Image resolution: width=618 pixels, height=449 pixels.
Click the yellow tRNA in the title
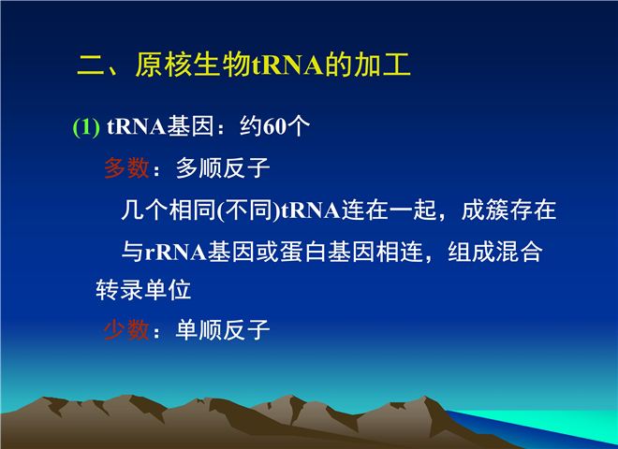coord(287,65)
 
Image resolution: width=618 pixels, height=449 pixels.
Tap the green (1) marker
coord(86,127)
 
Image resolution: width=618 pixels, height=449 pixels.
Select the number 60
coord(274,127)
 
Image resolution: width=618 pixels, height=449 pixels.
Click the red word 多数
coord(126,168)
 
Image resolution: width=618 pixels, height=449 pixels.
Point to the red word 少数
coord(126,329)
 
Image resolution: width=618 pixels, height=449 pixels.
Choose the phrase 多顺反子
coord(223,168)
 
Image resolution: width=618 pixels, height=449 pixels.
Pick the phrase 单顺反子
coord(223,329)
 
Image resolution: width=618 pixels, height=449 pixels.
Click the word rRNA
coord(176,252)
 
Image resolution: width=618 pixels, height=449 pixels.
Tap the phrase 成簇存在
coord(508,210)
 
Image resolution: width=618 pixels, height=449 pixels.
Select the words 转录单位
coord(143,290)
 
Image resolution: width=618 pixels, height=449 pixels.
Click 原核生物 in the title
coord(193,65)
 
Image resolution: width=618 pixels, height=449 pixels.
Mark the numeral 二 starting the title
coord(91,65)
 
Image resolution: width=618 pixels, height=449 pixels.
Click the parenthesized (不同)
coord(248,210)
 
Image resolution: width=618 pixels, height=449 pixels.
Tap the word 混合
coord(519,252)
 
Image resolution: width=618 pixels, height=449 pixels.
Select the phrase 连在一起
coord(389,210)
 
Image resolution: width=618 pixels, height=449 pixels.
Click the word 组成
coord(471,252)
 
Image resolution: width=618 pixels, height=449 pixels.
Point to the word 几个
coord(144,210)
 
